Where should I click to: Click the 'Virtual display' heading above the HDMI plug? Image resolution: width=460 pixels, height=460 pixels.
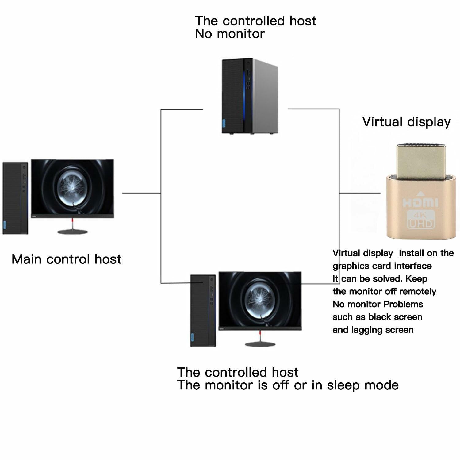[x=406, y=122]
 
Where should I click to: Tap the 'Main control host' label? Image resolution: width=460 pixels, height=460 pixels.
[x=67, y=259]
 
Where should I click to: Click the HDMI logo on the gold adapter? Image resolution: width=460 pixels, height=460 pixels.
[x=420, y=203]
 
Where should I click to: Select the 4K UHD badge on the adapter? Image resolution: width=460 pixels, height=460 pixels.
[x=420, y=219]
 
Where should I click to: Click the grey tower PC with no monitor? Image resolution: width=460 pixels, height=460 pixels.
[x=250, y=96]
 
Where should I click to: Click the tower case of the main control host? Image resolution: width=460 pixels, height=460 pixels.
[x=15, y=198]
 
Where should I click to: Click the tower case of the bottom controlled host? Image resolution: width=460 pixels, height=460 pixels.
[x=203, y=311]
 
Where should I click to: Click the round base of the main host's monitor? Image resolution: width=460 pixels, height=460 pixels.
[x=72, y=232]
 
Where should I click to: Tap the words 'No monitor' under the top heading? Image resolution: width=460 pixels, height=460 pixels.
[x=230, y=34]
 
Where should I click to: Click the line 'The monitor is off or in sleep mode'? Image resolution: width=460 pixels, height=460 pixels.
[x=288, y=385]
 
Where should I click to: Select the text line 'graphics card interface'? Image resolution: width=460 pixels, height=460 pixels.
[x=382, y=266]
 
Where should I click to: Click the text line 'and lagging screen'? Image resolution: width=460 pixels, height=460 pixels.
[x=373, y=330]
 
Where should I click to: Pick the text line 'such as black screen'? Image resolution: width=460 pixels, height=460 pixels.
[x=378, y=317]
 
